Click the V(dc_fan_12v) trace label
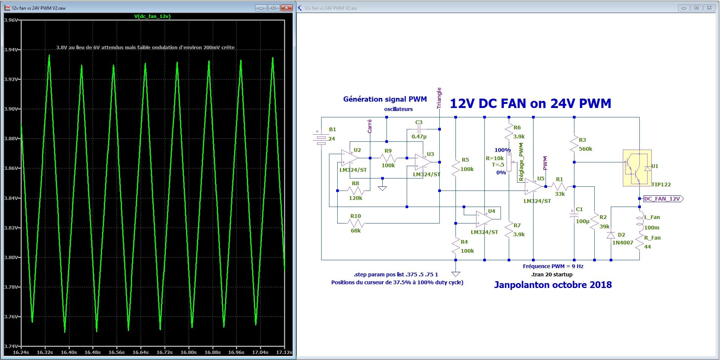[152, 16]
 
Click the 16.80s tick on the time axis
[188, 352]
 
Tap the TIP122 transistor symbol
[637, 168]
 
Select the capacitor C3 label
[419, 122]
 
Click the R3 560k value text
[585, 149]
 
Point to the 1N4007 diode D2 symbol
[611, 235]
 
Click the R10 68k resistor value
[356, 231]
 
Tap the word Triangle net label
[439, 98]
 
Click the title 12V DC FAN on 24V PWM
[531, 103]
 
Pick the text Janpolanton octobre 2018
[553, 285]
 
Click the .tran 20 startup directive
[552, 274]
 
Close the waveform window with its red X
[287, 8]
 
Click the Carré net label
[370, 126]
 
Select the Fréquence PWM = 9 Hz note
[553, 266]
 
